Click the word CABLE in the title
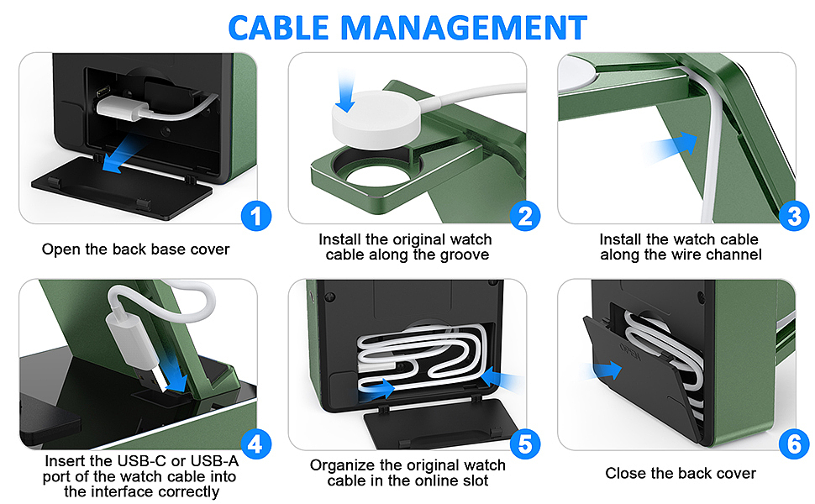pyautogui.click(x=278, y=28)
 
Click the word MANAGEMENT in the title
pyautogui.click(x=464, y=28)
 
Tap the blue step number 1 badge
pyautogui.click(x=255, y=216)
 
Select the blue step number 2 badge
pyautogui.click(x=525, y=216)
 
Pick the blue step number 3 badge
pyautogui.click(x=794, y=216)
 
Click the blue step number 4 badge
pyautogui.click(x=255, y=444)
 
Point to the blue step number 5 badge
pyautogui.click(x=525, y=444)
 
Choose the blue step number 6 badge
pyautogui.click(x=794, y=444)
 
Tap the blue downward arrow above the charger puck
pyautogui.click(x=344, y=92)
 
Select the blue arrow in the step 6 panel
pyautogui.click(x=603, y=370)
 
